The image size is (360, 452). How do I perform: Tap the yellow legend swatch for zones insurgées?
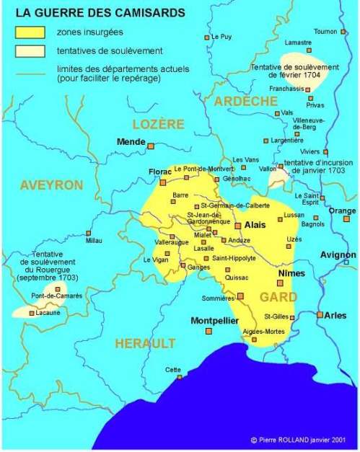(30, 32)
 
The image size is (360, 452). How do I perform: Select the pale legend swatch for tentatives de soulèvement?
(30, 50)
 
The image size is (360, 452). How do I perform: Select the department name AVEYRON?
(51, 185)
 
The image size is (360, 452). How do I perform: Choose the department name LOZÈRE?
(158, 124)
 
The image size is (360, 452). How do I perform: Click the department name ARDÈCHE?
(245, 101)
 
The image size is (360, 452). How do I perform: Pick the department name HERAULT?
(146, 343)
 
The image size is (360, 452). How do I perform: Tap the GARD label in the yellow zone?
(278, 297)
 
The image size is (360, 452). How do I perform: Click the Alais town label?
(256, 225)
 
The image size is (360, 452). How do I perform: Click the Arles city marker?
(320, 315)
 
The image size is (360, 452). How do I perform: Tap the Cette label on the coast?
(173, 369)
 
